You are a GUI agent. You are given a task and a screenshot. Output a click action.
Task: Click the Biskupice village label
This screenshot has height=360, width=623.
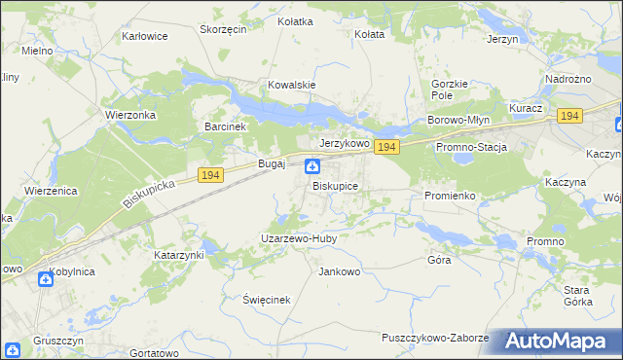[x=335, y=185]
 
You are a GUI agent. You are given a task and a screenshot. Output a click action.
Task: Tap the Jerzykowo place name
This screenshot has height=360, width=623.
[x=345, y=142]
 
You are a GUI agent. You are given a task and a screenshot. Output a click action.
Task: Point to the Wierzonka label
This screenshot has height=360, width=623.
[x=129, y=113]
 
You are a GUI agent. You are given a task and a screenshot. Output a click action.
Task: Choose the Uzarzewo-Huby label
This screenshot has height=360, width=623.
[x=297, y=237]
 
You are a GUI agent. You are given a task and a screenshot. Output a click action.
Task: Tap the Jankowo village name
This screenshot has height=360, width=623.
[x=340, y=271]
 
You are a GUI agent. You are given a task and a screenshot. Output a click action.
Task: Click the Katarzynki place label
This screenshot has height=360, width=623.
[x=179, y=254]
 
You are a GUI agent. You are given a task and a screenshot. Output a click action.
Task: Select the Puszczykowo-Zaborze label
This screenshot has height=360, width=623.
[x=434, y=338]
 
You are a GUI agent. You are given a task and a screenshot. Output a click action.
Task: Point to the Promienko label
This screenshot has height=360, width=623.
[x=450, y=196]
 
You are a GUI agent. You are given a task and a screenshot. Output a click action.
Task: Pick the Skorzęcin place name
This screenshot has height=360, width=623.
[x=223, y=29]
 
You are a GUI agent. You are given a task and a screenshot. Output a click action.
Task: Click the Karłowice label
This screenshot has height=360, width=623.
[x=144, y=36]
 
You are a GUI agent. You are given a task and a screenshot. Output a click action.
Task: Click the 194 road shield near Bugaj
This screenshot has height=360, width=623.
[x=210, y=174]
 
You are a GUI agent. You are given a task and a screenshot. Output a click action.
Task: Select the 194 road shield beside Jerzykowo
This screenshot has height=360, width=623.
[x=386, y=147]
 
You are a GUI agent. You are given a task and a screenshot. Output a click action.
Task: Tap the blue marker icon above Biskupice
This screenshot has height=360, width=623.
[x=312, y=166]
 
